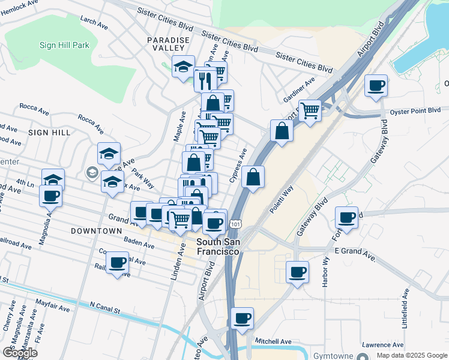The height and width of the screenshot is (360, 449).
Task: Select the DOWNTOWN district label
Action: click(x=96, y=230)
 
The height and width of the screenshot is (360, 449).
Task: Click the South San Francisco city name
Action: click(x=218, y=247)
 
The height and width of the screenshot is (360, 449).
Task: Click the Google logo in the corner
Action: click(x=20, y=353)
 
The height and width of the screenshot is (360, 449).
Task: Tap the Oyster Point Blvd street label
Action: click(x=419, y=110)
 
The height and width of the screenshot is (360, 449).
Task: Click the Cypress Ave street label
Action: click(x=238, y=166)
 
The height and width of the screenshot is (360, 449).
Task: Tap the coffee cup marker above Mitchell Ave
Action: click(x=242, y=318)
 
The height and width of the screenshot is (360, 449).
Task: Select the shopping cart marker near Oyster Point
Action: click(x=310, y=110)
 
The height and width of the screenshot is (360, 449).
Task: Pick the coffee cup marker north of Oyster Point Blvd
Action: click(x=376, y=85)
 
